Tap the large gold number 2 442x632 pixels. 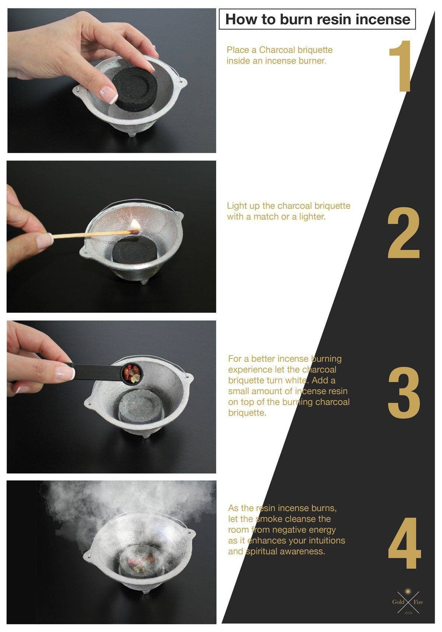pos(403,232)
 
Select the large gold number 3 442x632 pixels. pos(404,393)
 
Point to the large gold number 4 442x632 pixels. pos(404,543)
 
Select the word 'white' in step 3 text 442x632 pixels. pos(297,380)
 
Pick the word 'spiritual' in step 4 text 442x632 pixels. pos(264,551)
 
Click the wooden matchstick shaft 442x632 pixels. pos(92,234)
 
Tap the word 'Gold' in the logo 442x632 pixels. pos(398,602)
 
